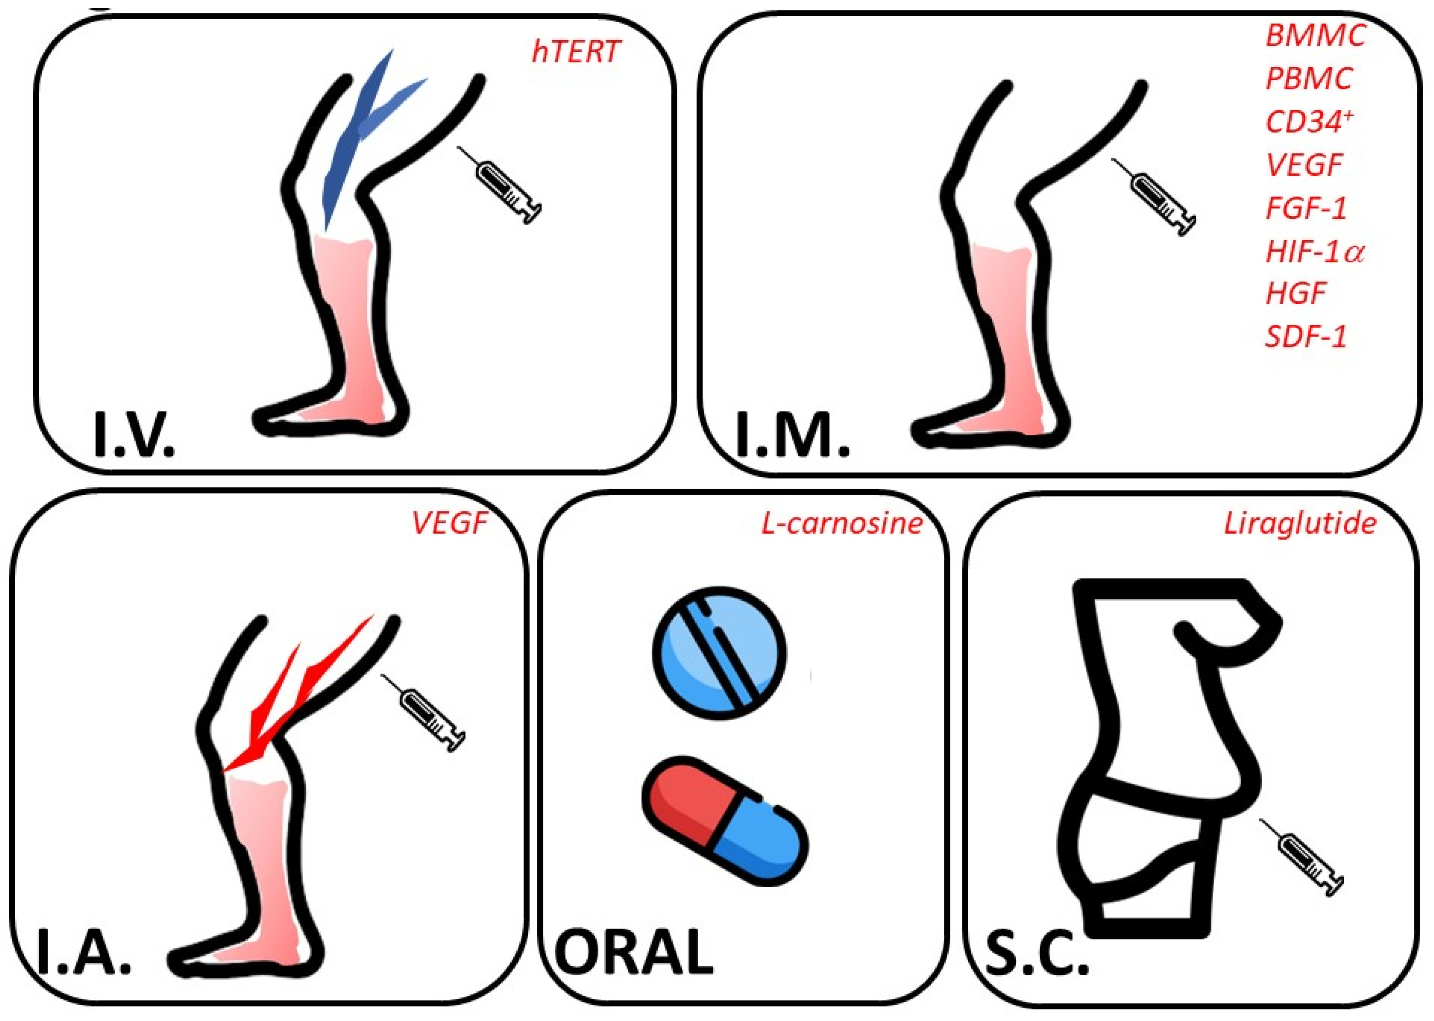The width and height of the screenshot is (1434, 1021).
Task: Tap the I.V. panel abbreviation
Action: (x=133, y=433)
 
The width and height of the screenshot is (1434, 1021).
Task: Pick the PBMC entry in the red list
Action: (x=1308, y=78)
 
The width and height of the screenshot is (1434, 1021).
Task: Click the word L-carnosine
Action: (x=842, y=523)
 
